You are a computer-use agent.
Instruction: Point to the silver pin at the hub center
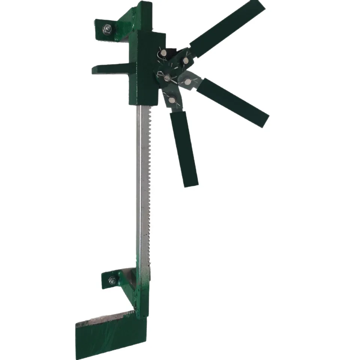pyautogui.click(x=167, y=77)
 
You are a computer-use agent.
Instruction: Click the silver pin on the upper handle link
pyautogui.click(x=186, y=60)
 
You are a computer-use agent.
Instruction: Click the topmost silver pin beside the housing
pyautogui.click(x=165, y=54)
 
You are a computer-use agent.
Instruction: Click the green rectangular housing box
pyautogui.click(x=146, y=67)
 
